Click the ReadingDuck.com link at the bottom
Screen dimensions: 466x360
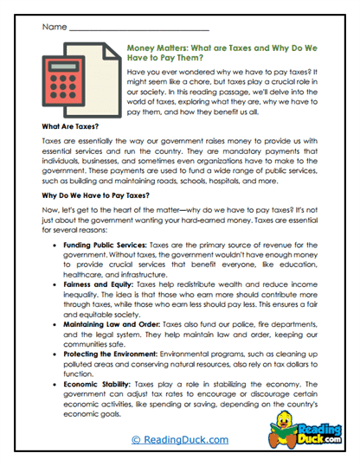pyautogui.click(x=179, y=439)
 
